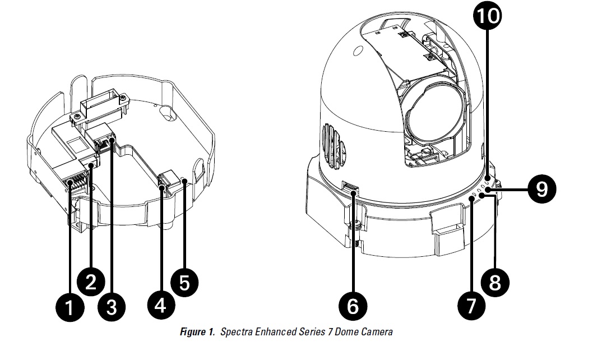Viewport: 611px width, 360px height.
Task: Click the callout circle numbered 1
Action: tap(70, 308)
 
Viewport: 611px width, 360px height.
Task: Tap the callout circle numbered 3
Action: tap(112, 307)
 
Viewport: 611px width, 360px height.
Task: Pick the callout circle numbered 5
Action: tap(184, 281)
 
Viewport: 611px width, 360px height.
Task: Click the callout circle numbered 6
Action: tap(353, 306)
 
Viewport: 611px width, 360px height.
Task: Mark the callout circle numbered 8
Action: tap(495, 281)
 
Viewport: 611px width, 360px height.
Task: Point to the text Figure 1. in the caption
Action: tap(198, 332)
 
